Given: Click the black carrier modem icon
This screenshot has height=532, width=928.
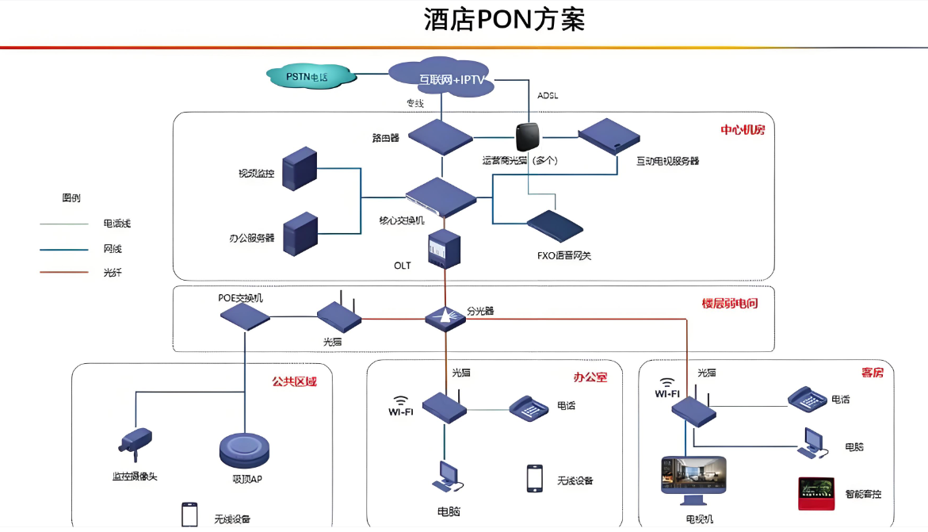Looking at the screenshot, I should coord(527,136).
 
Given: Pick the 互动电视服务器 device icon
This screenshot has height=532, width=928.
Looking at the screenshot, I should coord(609,135).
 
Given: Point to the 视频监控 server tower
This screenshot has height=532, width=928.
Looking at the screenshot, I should coord(299,167).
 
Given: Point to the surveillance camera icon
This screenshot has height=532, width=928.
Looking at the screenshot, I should coord(136,441).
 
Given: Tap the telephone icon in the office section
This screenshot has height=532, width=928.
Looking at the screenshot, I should coord(529,408).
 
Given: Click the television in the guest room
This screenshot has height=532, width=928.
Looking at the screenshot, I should coord(693,480).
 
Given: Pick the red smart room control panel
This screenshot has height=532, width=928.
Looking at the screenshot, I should coord(817,492).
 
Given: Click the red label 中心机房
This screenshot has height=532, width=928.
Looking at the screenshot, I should coord(742,129).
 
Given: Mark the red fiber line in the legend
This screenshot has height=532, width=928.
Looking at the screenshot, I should coord(64,272).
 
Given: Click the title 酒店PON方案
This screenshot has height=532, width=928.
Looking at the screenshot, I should coord(504,19).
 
